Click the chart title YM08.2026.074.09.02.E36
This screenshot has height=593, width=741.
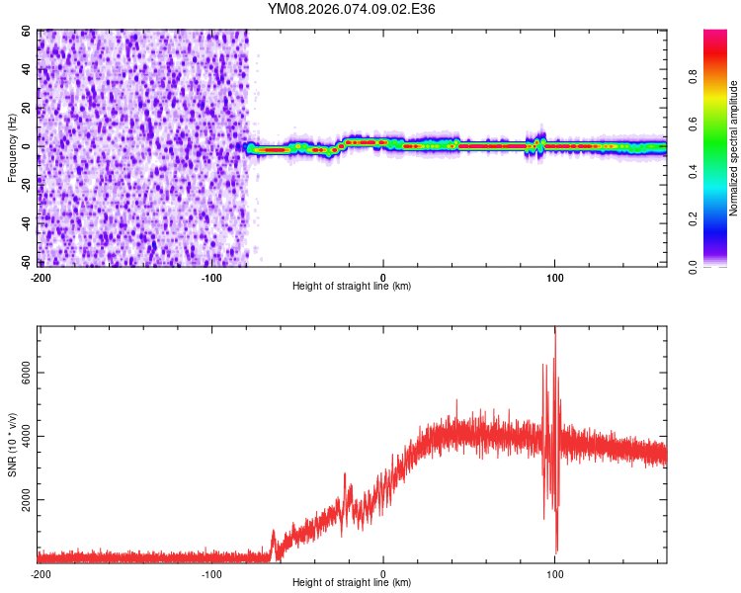point(352,9)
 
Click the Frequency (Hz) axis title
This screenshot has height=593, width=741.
point(13,147)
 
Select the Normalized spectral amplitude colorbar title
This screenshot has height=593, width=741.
point(733,148)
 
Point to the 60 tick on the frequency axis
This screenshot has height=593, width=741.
point(28,31)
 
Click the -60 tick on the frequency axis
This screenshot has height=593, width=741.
point(26,262)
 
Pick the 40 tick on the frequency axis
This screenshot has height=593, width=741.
point(28,69)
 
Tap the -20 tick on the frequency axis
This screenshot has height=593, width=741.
point(26,185)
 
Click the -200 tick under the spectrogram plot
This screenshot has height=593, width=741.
point(41,276)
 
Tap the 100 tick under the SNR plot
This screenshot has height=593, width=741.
point(554,573)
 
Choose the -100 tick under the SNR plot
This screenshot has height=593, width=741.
point(211,573)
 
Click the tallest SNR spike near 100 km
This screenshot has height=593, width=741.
point(555,329)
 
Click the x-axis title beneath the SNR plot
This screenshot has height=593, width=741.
point(352,583)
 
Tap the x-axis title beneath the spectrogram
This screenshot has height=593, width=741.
point(352,286)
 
